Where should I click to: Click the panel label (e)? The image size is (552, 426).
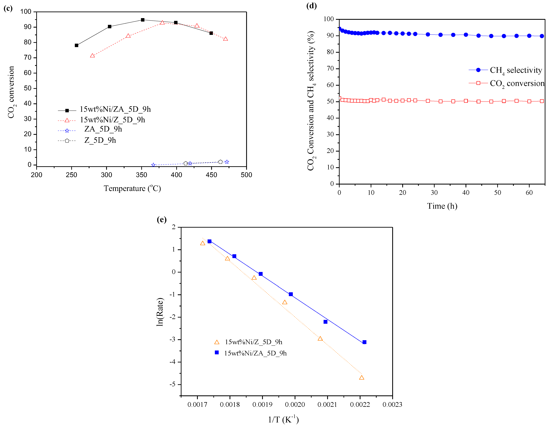click(161, 219)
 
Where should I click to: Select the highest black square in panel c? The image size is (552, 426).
click(142, 20)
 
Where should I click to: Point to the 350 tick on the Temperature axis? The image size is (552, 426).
click(141, 175)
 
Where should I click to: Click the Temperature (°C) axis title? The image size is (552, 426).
click(132, 188)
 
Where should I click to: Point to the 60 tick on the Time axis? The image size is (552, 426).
click(529, 193)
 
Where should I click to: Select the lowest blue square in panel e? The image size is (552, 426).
click(364, 342)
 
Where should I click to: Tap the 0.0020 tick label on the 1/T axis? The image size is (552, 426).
click(295, 404)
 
